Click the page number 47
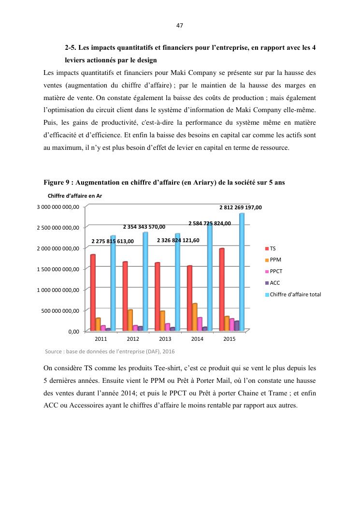pyautogui.click(x=180, y=26)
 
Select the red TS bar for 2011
pyautogui.click(x=93, y=292)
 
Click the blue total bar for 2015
pyautogui.click(x=242, y=272)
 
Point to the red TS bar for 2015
pyautogui.click(x=222, y=290)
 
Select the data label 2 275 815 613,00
pyautogui.click(x=113, y=241)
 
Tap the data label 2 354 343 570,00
pyautogui.click(x=144, y=227)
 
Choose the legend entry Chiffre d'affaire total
pyautogui.click(x=295, y=294)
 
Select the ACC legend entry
pyautogui.click(x=274, y=283)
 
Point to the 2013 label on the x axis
pyautogui.click(x=165, y=339)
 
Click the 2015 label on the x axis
pyautogui.click(x=230, y=339)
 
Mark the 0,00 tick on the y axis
pyautogui.click(x=72, y=331)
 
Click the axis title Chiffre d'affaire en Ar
pyautogui.click(x=75, y=196)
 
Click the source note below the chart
pyautogui.click(x=109, y=351)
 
